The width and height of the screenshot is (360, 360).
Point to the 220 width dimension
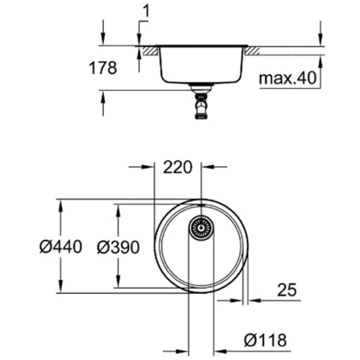coord(177,168)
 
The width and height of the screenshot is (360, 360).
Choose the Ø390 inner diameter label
coord(117,246)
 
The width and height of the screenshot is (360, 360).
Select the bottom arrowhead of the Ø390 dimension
coord(118,282)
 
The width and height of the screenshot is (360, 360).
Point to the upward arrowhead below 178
coord(103,95)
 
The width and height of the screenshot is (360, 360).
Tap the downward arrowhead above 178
coord(103,42)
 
